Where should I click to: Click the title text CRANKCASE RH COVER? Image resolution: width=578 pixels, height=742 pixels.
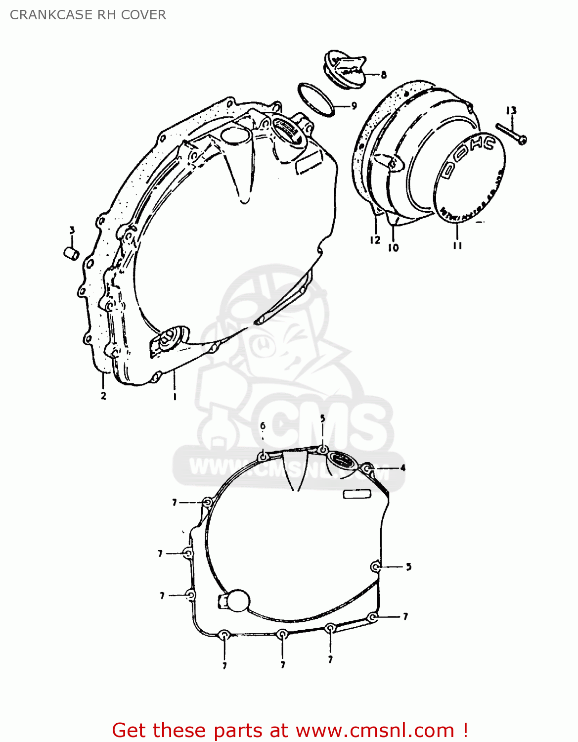(x=88, y=15)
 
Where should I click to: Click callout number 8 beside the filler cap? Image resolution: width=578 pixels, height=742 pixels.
(x=384, y=75)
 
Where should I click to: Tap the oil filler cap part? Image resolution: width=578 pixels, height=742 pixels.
(x=345, y=70)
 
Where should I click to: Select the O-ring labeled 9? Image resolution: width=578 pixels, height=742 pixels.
(x=315, y=99)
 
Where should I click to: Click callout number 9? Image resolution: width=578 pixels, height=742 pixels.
(x=354, y=106)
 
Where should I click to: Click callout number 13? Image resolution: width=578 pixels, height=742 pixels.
(x=511, y=111)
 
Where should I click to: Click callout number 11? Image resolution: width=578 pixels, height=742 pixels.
(x=457, y=245)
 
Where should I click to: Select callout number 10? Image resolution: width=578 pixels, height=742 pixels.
(x=393, y=248)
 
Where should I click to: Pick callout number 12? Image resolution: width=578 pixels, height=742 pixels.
(x=375, y=240)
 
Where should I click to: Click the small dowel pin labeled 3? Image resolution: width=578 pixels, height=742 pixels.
(x=72, y=252)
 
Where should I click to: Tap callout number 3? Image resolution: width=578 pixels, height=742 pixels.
(x=72, y=230)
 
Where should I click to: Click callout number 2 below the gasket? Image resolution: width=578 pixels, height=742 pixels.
(x=103, y=395)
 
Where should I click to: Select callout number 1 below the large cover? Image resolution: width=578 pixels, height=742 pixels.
(x=174, y=396)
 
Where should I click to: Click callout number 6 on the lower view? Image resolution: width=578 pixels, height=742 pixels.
(x=263, y=426)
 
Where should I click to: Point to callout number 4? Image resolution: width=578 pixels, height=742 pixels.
(x=402, y=468)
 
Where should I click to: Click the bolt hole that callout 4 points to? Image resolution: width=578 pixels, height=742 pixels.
(x=367, y=468)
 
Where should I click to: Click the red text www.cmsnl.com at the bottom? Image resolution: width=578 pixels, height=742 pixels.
(x=375, y=730)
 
